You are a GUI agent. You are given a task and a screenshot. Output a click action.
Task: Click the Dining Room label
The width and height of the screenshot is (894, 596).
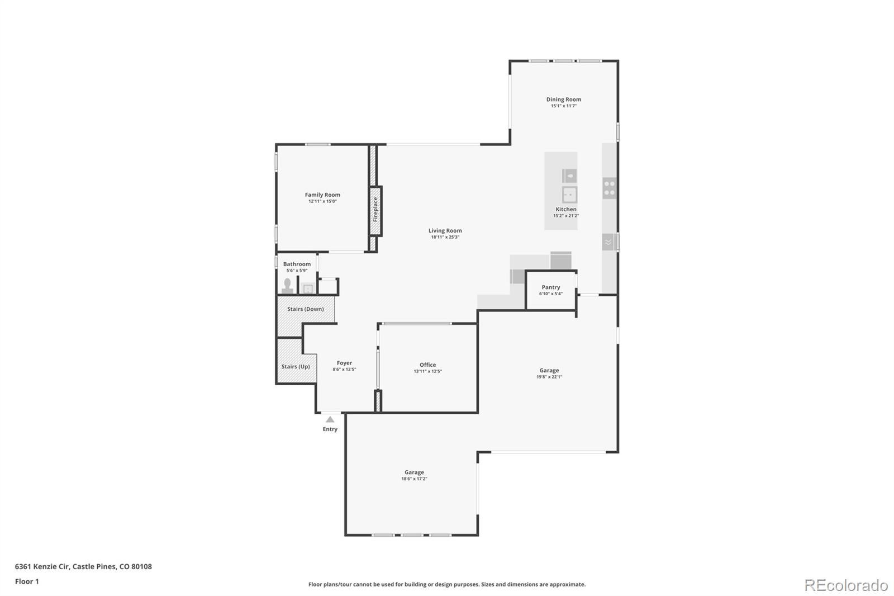(564, 100)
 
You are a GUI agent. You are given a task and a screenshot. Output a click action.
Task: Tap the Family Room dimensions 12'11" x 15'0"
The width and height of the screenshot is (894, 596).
(322, 201)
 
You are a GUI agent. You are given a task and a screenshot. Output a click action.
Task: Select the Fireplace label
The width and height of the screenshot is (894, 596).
(375, 210)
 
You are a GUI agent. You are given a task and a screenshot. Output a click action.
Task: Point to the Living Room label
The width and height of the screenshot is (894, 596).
(445, 230)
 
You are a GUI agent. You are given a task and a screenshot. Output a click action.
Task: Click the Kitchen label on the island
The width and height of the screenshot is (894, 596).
(566, 209)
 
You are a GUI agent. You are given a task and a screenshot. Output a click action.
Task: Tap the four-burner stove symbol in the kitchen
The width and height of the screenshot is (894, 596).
(610, 188)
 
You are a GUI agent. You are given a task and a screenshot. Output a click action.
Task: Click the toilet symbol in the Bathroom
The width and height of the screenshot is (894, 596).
(287, 286)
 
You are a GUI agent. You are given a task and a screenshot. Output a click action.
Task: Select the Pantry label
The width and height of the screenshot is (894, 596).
(551, 287)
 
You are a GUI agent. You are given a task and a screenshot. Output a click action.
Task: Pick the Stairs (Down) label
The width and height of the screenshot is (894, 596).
(305, 309)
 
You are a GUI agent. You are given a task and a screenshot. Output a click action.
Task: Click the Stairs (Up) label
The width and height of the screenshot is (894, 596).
(296, 366)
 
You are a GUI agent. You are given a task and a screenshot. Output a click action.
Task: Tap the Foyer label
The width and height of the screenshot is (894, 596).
(344, 363)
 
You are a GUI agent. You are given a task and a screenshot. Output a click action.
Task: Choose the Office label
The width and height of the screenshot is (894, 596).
(427, 365)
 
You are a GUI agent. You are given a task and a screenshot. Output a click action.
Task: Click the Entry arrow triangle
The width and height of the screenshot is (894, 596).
(330, 419)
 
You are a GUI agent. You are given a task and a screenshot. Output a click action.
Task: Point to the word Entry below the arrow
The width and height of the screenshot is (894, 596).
(330, 429)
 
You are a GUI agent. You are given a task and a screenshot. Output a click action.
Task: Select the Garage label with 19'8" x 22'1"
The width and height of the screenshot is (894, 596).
(549, 370)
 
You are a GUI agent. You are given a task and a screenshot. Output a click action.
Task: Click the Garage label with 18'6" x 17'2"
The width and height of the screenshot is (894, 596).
(414, 472)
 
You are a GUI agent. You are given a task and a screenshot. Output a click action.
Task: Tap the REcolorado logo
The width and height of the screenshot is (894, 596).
(846, 585)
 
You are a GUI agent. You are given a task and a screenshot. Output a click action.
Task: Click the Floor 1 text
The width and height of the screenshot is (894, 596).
(27, 581)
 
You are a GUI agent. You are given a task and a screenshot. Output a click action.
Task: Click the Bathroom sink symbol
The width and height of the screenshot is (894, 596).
(308, 288)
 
